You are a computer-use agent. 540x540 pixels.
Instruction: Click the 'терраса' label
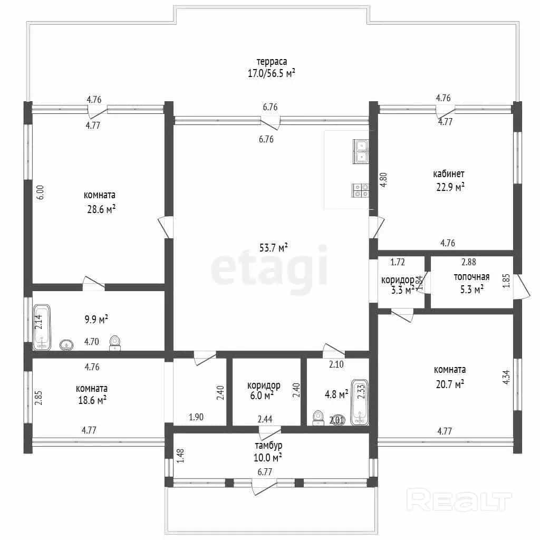pyautogui.click(x=272, y=62)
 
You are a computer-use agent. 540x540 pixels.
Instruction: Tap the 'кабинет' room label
pyautogui.click(x=449, y=173)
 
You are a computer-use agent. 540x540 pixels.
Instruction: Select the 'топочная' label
pyautogui.click(x=471, y=277)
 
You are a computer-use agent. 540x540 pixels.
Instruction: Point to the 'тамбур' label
pyautogui.click(x=268, y=445)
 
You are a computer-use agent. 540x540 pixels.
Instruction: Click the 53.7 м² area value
pyautogui.click(x=274, y=247)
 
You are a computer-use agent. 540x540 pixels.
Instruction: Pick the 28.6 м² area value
pyautogui.click(x=101, y=209)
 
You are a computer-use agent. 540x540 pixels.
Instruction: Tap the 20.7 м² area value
pyautogui.click(x=450, y=384)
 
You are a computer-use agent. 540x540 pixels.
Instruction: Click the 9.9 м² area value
pyautogui.click(x=97, y=319)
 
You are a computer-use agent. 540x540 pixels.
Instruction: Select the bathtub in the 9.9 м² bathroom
pyautogui.click(x=42, y=327)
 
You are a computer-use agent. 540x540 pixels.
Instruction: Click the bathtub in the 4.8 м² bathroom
pyautogui.click(x=360, y=402)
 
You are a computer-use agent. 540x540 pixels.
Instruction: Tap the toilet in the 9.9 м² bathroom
pyautogui.click(x=115, y=343)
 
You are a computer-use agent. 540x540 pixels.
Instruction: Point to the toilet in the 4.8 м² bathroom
pyautogui.click(x=318, y=418)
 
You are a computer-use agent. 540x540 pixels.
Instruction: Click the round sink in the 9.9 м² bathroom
pyautogui.click(x=66, y=345)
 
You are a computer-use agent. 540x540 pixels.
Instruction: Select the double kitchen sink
pyautogui.click(x=361, y=151)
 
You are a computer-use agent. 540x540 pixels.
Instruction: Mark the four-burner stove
pyautogui.click(x=360, y=190)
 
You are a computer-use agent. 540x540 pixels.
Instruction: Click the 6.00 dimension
pyautogui.click(x=40, y=192)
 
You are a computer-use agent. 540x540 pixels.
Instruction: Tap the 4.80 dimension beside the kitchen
pyautogui.click(x=383, y=179)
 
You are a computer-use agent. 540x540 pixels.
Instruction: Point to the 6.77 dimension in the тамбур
pyautogui.click(x=265, y=472)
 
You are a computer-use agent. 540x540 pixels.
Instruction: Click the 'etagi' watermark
pyautogui.click(x=269, y=268)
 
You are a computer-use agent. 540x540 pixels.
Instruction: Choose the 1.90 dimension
pyautogui.click(x=196, y=417)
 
